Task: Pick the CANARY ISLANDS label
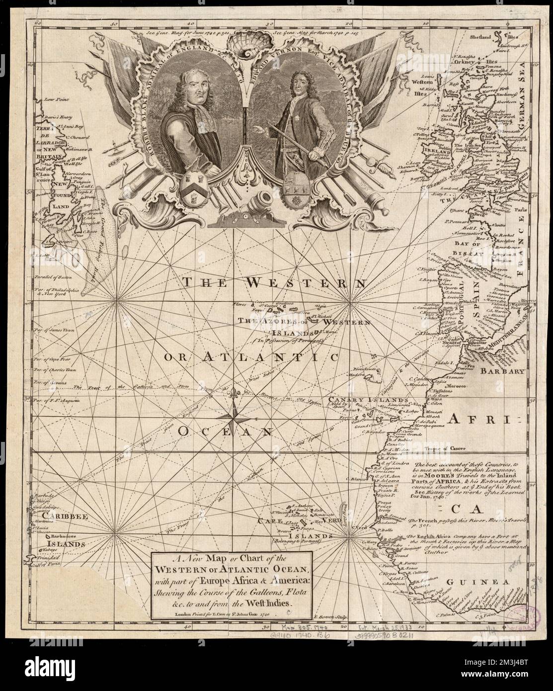377,399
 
